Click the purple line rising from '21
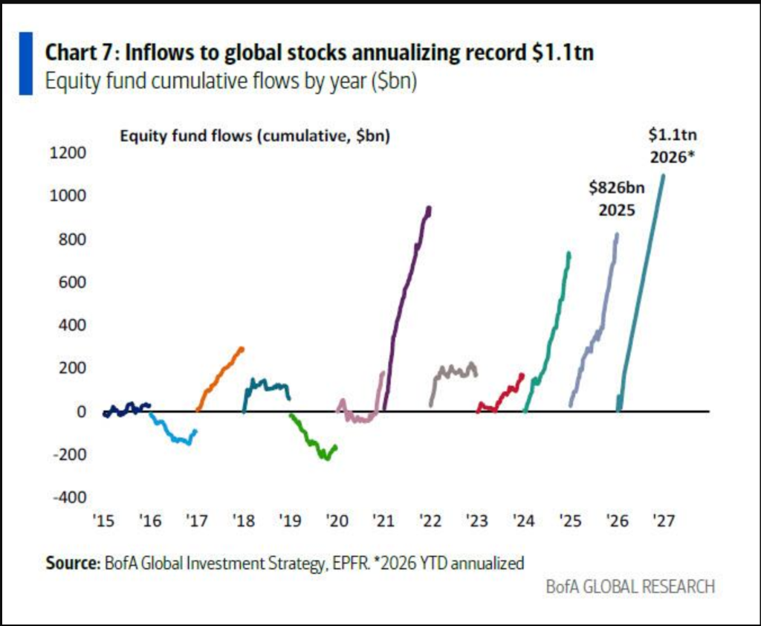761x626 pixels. click(x=405, y=297)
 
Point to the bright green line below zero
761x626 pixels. click(x=312, y=442)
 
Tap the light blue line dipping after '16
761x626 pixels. click(x=175, y=437)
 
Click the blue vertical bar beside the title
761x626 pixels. click(x=26, y=63)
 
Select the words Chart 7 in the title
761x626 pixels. click(x=77, y=54)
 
